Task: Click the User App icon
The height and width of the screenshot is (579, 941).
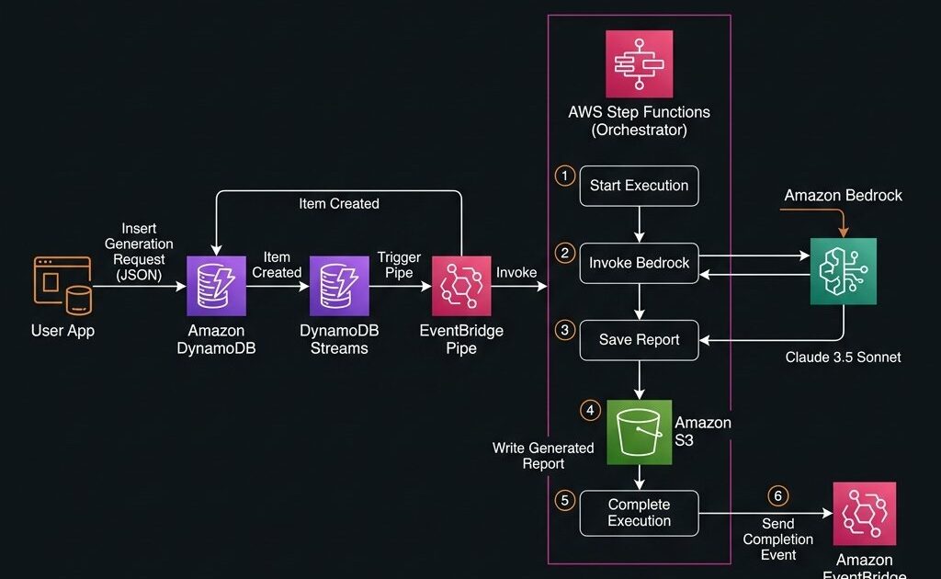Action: (62, 286)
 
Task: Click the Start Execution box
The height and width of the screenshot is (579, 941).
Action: (639, 186)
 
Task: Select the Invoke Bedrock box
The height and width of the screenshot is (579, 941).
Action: (639, 263)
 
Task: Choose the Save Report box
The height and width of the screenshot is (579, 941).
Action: (639, 340)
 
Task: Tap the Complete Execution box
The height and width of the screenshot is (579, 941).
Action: (639, 513)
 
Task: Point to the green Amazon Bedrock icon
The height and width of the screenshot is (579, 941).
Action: (843, 271)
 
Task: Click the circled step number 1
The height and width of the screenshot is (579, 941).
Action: (564, 175)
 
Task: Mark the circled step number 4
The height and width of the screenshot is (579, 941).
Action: (590, 410)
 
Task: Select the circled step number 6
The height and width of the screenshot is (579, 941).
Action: (777, 496)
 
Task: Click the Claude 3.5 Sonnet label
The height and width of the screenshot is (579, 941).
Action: (843, 357)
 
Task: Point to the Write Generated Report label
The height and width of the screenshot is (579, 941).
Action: (543, 456)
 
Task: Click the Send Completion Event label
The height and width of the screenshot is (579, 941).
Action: (777, 539)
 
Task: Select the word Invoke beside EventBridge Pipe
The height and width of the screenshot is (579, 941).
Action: (516, 272)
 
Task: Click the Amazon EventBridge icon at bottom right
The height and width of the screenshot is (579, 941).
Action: (864, 514)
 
